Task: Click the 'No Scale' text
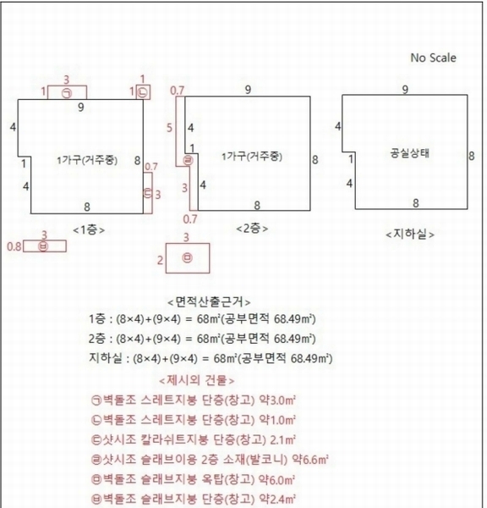click(433, 58)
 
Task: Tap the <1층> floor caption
click(89, 229)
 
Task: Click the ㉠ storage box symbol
click(67, 92)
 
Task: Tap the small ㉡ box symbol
click(143, 91)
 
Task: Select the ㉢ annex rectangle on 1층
click(148, 193)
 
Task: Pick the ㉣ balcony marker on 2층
click(189, 158)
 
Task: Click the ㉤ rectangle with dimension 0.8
click(44, 246)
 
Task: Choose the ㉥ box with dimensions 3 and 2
click(187, 258)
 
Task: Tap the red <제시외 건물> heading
click(197, 380)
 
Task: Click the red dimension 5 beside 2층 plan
click(169, 128)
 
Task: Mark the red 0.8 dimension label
click(14, 246)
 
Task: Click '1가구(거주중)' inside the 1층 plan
click(81, 160)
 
